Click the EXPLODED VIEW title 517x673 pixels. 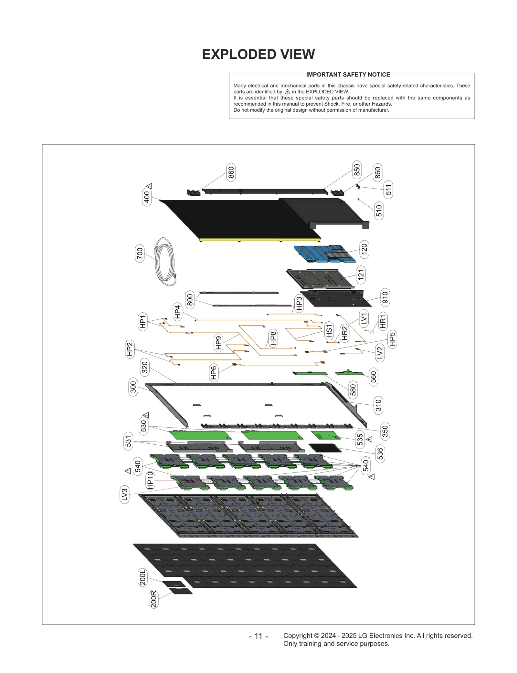pyautogui.click(x=258, y=54)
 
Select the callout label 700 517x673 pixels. pyautogui.click(x=140, y=254)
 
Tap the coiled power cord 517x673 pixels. pyautogui.click(x=165, y=262)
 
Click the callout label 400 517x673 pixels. pyautogui.click(x=147, y=197)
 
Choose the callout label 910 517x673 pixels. pyautogui.click(x=385, y=297)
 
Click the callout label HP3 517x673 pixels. pyautogui.click(x=299, y=304)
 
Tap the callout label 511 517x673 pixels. pyautogui.click(x=388, y=190)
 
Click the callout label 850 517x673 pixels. pyautogui.click(x=357, y=170)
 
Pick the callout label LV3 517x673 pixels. pyautogui.click(x=124, y=494)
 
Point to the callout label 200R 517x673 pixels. pyautogui.click(x=154, y=599)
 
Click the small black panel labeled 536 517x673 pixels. pyautogui.click(x=325, y=448)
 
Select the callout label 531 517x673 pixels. pyautogui.click(x=128, y=441)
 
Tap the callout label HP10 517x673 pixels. pyautogui.click(x=150, y=480)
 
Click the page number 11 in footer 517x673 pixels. pyautogui.click(x=258, y=636)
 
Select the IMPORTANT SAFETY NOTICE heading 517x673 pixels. pyautogui.click(x=348, y=75)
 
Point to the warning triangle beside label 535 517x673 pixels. pyautogui.click(x=370, y=439)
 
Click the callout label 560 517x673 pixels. pyautogui.click(x=374, y=377)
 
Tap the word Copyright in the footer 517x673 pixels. pyautogui.click(x=298, y=636)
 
